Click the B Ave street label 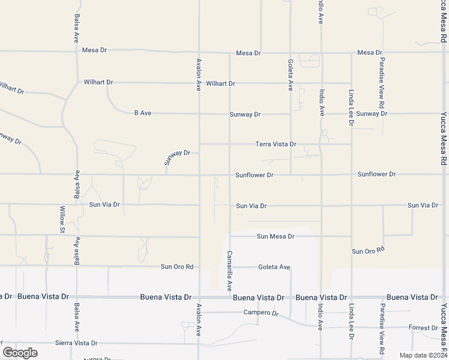click(142, 113)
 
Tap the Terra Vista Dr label click(276, 144)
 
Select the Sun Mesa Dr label click(276, 236)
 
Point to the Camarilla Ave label click(229, 270)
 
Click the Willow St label click(62, 219)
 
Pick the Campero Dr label click(261, 313)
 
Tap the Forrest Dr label click(423, 328)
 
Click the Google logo click(20, 352)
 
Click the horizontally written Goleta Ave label click(274, 267)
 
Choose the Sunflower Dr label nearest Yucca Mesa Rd click(376, 174)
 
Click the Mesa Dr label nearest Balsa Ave click(94, 50)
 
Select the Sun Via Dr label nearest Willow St click(104, 205)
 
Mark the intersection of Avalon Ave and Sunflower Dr click(199, 175)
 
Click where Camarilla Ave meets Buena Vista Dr click(229, 297)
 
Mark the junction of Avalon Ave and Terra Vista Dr click(199, 144)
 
